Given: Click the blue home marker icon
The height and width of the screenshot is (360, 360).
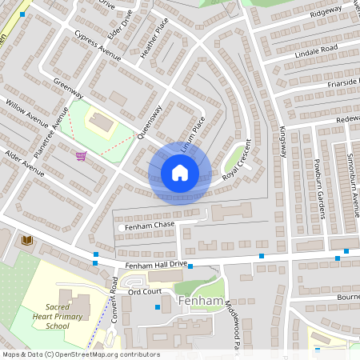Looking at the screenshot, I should pyautogui.click(x=180, y=173).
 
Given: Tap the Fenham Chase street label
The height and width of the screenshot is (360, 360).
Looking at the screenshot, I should pyautogui.click(x=147, y=226).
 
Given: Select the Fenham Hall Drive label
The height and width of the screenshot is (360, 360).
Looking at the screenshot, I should pyautogui.click(x=155, y=264).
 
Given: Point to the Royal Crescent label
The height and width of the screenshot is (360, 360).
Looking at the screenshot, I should pyautogui.click(x=242, y=163).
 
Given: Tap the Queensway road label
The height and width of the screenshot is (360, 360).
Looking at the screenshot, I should pyautogui.click(x=150, y=122).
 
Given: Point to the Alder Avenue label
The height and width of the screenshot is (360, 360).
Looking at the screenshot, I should pyautogui.click(x=25, y=162).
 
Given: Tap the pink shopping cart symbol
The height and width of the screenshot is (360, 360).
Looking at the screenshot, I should pyautogui.click(x=80, y=156).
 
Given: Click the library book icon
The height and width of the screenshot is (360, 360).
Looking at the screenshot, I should pyautogui.click(x=26, y=240).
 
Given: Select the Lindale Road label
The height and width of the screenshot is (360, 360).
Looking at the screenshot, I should pyautogui.click(x=317, y=52).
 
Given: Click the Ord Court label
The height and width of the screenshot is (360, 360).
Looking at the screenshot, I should pyautogui.click(x=146, y=292).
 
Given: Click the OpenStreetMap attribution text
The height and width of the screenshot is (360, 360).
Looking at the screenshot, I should pyautogui.click(x=81, y=354).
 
